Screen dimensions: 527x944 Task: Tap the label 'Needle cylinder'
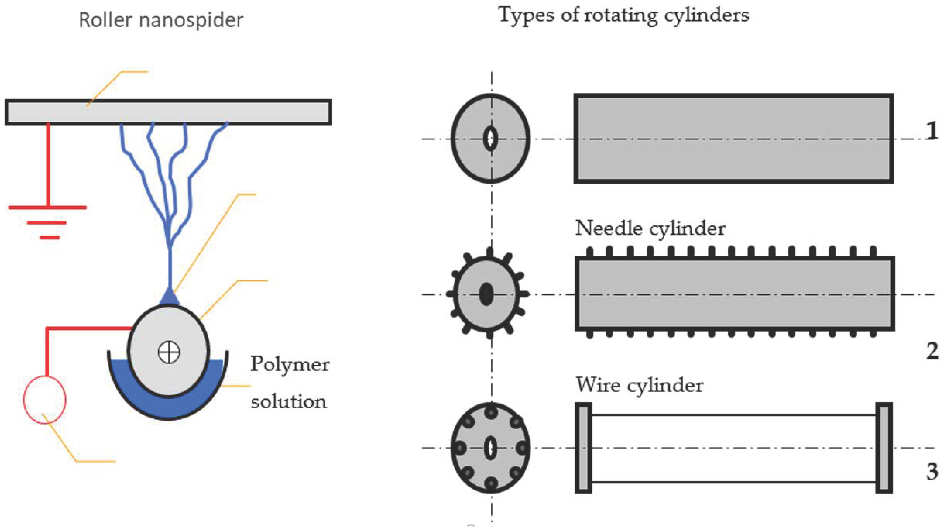coord(650,229)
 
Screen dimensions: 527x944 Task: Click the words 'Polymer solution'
coord(289,383)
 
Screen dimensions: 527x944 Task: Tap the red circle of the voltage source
coord(45,399)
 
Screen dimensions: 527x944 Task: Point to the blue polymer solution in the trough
coord(169,406)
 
